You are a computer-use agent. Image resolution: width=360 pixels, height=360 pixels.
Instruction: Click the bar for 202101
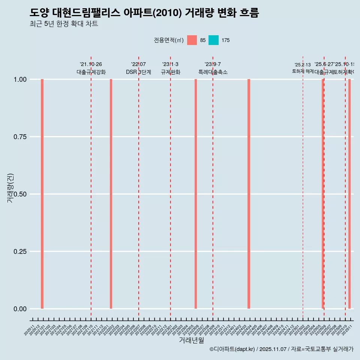tap(42, 194)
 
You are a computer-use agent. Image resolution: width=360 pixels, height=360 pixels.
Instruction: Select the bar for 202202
tap(111, 194)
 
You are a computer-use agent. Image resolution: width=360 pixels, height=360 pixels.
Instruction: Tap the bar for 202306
tap(196, 194)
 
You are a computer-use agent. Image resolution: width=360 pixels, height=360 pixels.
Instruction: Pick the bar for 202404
tap(249, 194)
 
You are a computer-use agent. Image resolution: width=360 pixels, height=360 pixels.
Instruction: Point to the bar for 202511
tap(349, 194)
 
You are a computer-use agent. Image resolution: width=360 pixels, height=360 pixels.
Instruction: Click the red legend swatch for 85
tap(192, 40)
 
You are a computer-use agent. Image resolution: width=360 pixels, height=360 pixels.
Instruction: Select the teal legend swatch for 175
tap(213, 40)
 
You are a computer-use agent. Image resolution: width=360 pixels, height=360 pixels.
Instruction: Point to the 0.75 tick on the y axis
tap(20, 137)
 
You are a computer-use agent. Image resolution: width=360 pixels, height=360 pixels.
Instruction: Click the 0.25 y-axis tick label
tap(20, 252)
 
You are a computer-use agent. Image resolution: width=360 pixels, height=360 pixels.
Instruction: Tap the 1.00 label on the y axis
tap(20, 79)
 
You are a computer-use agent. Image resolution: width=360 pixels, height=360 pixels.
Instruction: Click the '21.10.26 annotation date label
tap(91, 64)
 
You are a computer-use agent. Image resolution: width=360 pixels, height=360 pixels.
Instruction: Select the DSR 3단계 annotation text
tap(138, 72)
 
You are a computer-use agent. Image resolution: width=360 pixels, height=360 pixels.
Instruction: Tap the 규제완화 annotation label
tap(171, 72)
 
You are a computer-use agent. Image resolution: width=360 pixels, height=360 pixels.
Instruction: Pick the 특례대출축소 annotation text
tap(213, 72)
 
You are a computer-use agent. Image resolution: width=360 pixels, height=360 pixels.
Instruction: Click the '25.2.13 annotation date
tap(303, 65)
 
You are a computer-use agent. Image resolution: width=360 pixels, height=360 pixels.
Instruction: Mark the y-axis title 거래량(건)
tap(10, 188)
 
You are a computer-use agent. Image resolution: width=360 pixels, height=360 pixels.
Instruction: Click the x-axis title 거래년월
tap(191, 340)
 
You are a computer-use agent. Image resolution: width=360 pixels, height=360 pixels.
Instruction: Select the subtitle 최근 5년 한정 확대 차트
tap(64, 24)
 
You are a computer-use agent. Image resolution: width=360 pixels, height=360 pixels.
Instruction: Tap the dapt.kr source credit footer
tap(281, 349)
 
